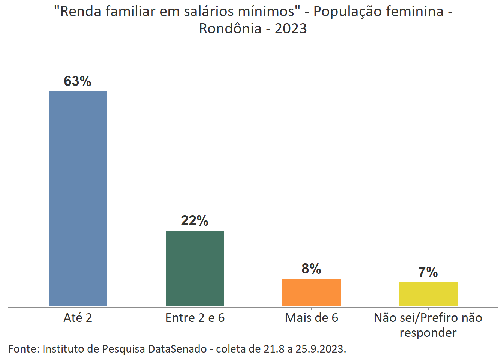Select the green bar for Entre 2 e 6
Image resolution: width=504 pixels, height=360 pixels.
point(195,268)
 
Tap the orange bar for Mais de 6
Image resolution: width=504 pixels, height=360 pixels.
point(311,292)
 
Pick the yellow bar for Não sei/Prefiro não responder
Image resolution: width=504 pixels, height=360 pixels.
point(428,294)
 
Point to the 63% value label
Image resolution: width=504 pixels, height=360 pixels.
point(78,81)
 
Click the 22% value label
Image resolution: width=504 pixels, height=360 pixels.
point(194,220)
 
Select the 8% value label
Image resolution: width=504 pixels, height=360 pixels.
point(311,268)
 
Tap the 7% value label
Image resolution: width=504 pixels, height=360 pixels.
point(428,272)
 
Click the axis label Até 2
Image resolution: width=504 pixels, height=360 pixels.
point(78,318)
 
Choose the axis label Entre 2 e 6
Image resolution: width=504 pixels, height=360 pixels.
point(195,318)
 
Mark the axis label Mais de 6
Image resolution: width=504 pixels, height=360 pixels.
point(311,318)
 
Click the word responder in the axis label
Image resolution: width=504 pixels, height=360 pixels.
point(428,333)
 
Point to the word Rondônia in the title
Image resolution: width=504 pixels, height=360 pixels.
point(230,28)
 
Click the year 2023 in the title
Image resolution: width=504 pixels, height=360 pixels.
point(291,28)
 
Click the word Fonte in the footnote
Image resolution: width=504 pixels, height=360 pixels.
point(23,349)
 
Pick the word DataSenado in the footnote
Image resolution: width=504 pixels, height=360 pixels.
point(177,349)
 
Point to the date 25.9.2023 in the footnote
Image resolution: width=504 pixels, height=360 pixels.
point(321,349)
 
